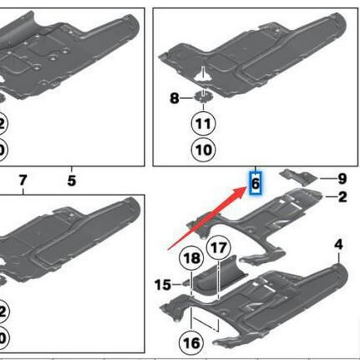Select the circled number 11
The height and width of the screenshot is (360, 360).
click(203, 123)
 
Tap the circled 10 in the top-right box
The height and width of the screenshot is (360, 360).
click(203, 150)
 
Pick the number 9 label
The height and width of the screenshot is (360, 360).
click(342, 177)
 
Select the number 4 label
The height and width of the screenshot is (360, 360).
click(338, 245)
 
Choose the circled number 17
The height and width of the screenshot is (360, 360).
click(220, 249)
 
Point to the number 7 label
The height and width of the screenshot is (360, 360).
click(23, 179)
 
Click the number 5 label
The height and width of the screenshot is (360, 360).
click(72, 179)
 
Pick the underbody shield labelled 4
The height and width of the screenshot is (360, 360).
click(288, 291)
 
